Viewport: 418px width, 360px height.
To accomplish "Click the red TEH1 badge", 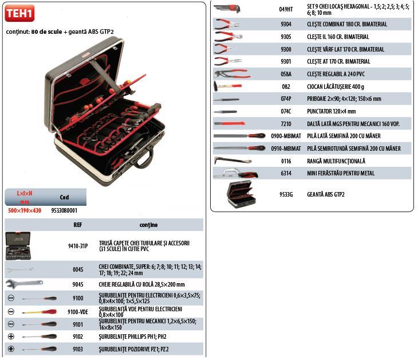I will [19, 13].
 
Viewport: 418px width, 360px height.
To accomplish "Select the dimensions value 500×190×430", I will [24, 210].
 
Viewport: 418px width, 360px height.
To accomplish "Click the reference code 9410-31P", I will [78, 246].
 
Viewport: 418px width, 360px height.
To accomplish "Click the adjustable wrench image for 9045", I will [23, 283].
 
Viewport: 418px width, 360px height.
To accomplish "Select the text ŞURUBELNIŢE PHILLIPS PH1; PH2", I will [133, 336].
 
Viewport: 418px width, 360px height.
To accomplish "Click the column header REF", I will [78, 225].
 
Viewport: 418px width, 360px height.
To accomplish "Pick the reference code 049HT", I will [286, 9].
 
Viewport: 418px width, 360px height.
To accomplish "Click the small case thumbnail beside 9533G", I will [240, 194].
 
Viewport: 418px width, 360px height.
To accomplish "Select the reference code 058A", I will [286, 74].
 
